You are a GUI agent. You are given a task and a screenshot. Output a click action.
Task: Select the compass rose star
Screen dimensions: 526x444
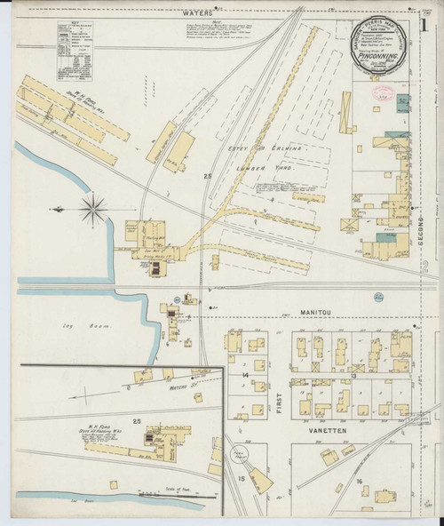(x=91, y=210)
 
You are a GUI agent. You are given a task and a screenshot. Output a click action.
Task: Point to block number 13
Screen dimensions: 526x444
(x=353, y=377)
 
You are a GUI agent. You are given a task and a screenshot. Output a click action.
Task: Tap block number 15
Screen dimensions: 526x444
(x=241, y=480)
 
